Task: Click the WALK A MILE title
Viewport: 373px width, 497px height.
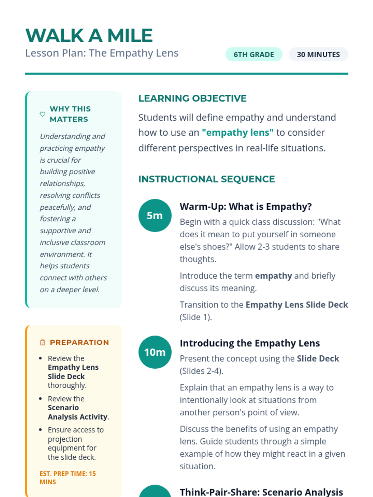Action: (89, 35)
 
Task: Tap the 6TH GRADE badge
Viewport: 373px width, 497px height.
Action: (254, 54)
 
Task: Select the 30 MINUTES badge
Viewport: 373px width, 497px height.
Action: (318, 54)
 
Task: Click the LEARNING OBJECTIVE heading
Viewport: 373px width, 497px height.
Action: (192, 98)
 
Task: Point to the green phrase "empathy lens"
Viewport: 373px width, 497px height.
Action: (237, 133)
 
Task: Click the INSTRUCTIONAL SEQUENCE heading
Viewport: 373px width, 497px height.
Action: (206, 179)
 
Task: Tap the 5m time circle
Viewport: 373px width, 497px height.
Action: (155, 215)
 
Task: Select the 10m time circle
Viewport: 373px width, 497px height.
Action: (155, 352)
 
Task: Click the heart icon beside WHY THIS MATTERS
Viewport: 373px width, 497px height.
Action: (43, 114)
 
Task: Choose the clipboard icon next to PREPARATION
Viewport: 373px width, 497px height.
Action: (43, 342)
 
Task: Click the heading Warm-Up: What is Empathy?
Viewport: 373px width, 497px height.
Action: (246, 207)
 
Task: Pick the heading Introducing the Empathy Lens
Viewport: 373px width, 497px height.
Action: (250, 343)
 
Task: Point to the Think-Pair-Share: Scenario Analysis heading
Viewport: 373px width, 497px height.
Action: (261, 492)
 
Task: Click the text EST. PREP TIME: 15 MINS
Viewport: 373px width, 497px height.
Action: (67, 478)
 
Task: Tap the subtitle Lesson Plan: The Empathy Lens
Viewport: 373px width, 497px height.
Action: (102, 53)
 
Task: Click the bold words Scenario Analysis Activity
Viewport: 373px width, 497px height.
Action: (77, 412)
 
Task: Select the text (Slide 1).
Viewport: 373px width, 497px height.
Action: (196, 317)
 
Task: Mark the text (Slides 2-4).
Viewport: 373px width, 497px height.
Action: (201, 371)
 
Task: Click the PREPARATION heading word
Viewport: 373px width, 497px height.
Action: (79, 342)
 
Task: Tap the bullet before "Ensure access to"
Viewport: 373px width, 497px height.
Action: (40, 430)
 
